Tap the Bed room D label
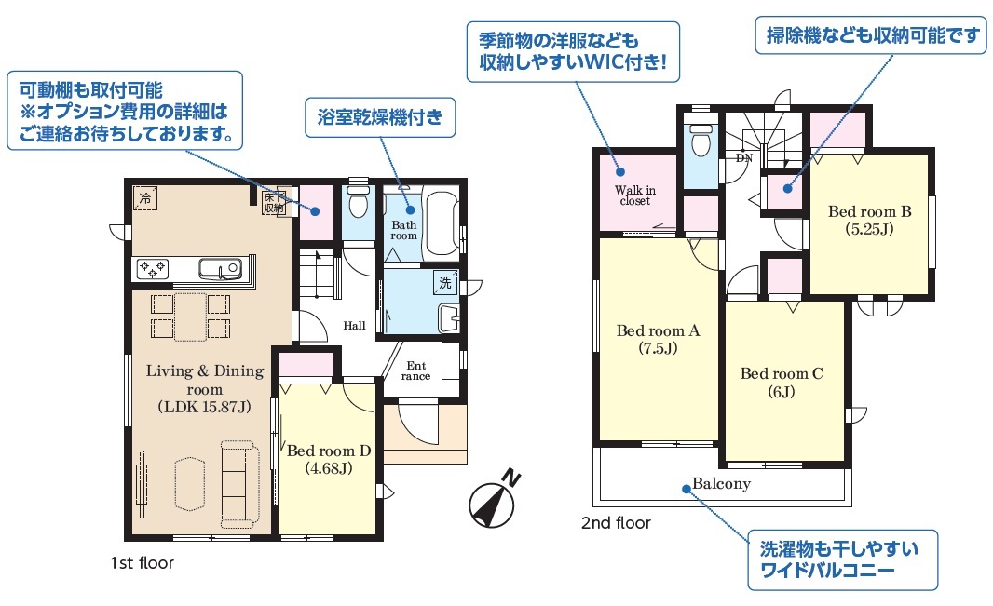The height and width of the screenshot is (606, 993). pos(328,459)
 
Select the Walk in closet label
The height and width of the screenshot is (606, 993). pos(635,195)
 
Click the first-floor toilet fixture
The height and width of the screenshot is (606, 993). pos(359,200)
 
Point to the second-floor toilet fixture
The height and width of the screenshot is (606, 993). pos(701,139)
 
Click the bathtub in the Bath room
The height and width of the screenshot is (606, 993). pos(441,223)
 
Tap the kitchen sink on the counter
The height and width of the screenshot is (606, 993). pos(220,268)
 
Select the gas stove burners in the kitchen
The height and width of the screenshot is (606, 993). pos(153,268)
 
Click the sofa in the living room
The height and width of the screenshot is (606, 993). pos(239,485)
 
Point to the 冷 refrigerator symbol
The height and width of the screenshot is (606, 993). pos(145,198)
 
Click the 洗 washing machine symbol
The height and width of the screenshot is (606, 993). pos(445,283)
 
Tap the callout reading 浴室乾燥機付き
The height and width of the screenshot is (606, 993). pos(380,117)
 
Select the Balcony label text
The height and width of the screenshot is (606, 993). pos(721,484)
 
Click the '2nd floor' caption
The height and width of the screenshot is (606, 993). pos(616,523)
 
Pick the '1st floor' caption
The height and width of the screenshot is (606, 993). pos(142,563)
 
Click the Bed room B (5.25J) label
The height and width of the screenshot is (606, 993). pos(869,220)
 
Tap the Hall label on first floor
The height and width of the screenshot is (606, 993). pos(355,326)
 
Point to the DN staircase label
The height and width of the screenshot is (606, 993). pos(744,158)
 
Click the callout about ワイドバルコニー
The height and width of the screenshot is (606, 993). pos(842,559)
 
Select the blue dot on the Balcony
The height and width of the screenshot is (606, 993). pos(686,489)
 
